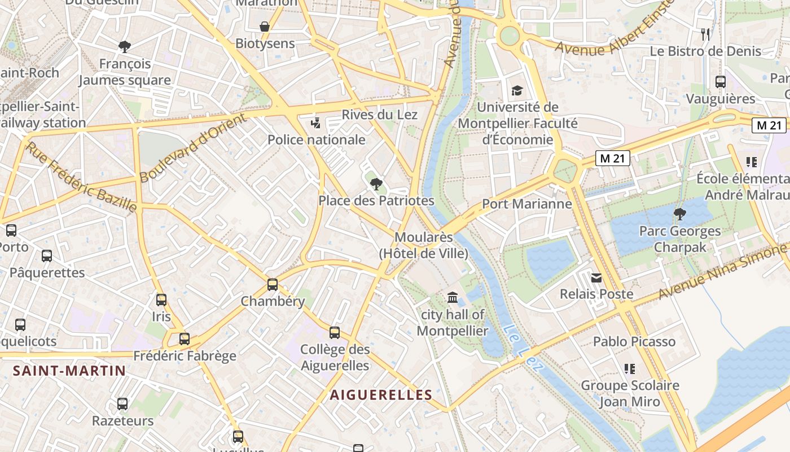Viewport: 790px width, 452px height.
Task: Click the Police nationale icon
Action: pyautogui.click(x=316, y=122)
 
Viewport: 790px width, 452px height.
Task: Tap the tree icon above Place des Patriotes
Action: pyautogui.click(x=376, y=184)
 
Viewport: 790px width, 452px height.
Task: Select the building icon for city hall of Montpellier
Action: pyautogui.click(x=452, y=297)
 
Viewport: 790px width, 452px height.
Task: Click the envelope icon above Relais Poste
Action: pyautogui.click(x=596, y=277)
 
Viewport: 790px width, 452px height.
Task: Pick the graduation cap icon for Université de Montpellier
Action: pyautogui.click(x=517, y=90)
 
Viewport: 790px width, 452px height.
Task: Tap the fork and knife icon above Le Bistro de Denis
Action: pyautogui.click(x=705, y=34)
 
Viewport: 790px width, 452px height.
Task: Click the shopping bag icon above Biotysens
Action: pyautogui.click(x=264, y=27)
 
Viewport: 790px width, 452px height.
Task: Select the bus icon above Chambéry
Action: pyautogui.click(x=273, y=284)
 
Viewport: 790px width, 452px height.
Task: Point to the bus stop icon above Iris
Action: pyautogui.click(x=161, y=299)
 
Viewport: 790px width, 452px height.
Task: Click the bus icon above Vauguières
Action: pyautogui.click(x=721, y=82)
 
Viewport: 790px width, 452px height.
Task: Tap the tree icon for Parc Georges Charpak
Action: pyautogui.click(x=680, y=214)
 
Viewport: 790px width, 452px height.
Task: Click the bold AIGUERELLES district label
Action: pyautogui.click(x=381, y=395)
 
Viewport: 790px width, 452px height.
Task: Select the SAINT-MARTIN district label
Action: pyautogui.click(x=69, y=371)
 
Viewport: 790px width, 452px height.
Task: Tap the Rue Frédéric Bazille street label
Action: pyautogui.click(x=82, y=177)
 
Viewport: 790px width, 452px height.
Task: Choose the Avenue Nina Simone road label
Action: pyautogui.click(x=722, y=273)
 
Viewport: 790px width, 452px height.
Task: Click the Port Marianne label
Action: pyautogui.click(x=527, y=204)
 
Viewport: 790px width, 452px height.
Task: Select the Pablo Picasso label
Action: pyautogui.click(x=634, y=342)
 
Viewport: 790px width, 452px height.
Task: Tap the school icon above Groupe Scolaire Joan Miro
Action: pyautogui.click(x=630, y=369)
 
